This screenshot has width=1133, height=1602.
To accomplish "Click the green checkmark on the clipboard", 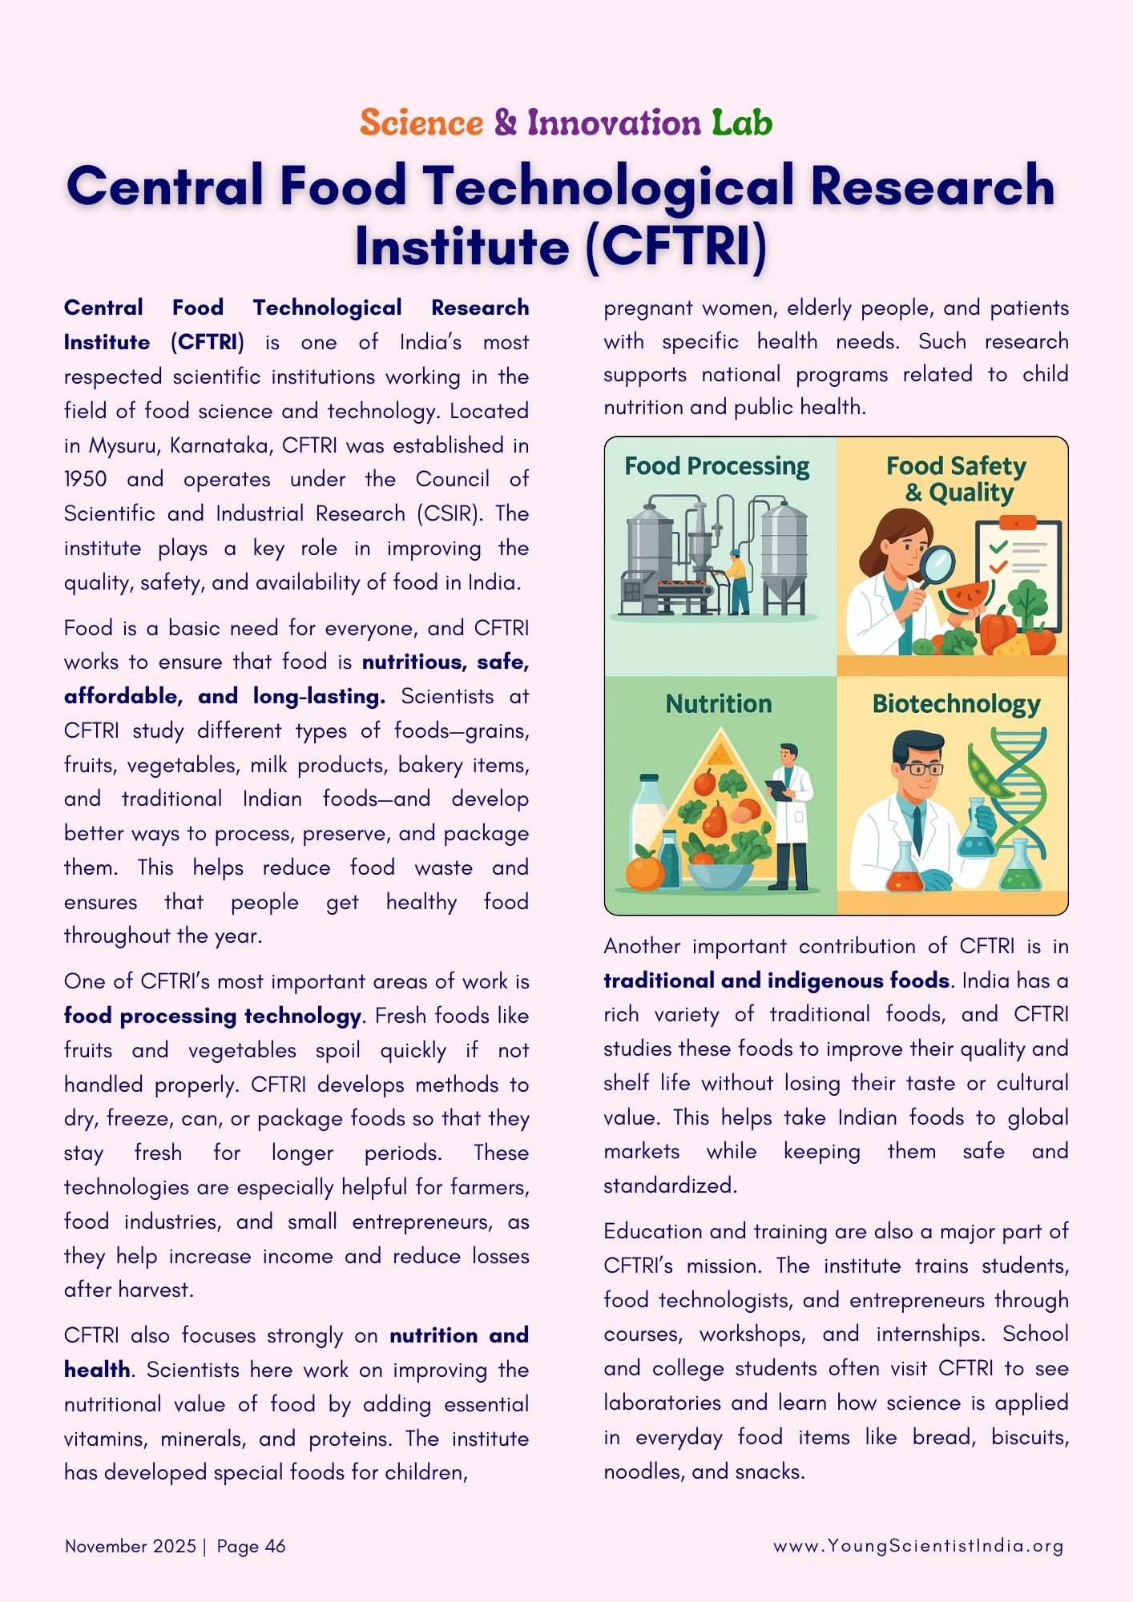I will [998, 548].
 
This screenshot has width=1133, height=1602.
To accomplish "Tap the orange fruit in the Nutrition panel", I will [644, 871].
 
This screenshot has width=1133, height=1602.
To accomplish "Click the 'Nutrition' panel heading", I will [719, 704].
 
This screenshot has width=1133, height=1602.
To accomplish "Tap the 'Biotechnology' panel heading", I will [956, 704].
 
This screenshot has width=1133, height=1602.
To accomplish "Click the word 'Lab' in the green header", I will [742, 123].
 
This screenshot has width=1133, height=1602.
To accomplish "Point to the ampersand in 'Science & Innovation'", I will [506, 123].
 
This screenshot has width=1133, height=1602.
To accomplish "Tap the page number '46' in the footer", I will [275, 1546].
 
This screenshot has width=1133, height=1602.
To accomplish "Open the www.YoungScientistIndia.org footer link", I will [918, 1546].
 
